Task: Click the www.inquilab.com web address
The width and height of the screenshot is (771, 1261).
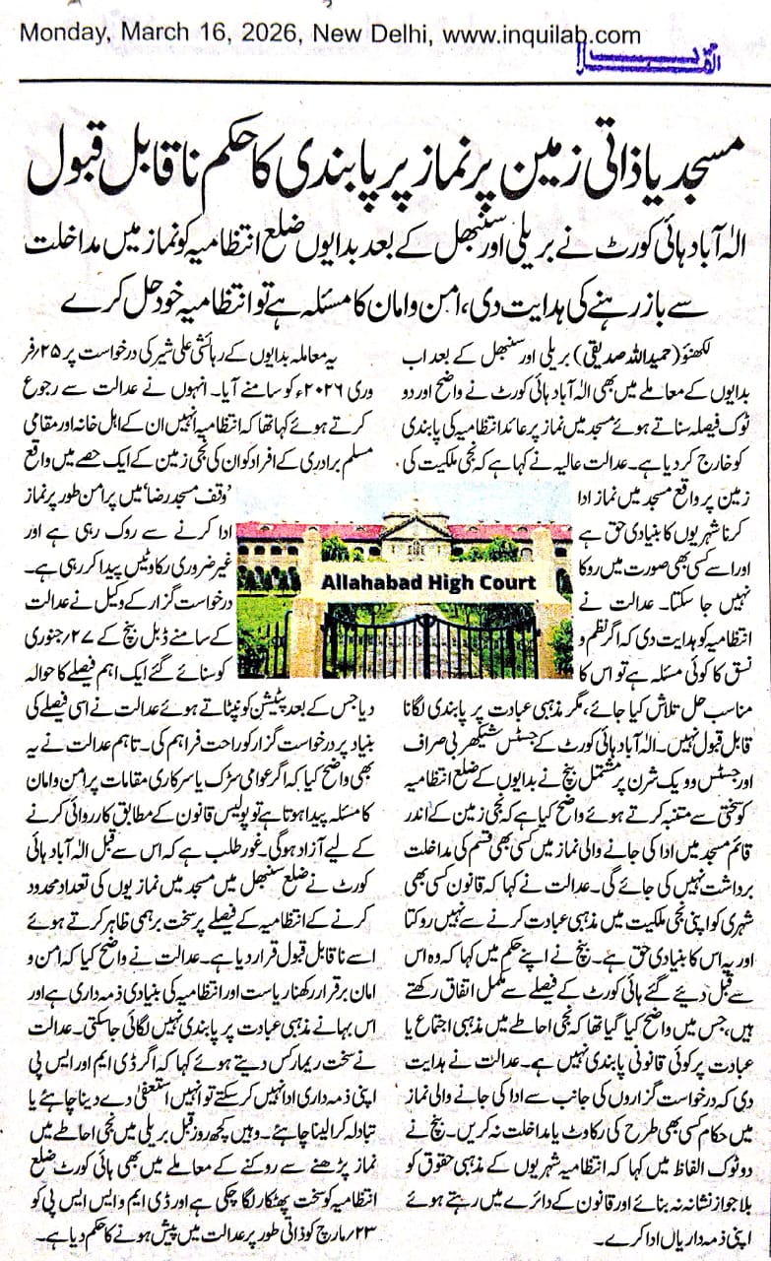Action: (x=540, y=35)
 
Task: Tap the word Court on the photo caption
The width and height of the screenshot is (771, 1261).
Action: (x=513, y=582)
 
